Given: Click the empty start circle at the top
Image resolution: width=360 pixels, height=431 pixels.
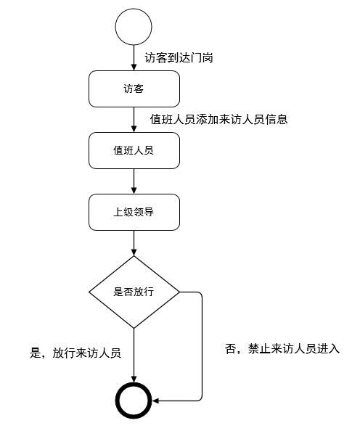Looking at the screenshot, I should click(134, 27).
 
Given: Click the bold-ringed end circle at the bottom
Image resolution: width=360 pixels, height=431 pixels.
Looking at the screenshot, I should click(134, 400).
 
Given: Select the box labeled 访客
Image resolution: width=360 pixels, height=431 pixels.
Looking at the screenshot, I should click(134, 89).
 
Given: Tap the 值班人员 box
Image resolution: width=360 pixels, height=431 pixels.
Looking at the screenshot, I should click(134, 150).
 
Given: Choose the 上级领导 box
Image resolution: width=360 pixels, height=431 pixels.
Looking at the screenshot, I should click(134, 212).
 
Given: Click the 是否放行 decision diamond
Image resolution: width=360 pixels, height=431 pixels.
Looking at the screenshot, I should click(134, 292).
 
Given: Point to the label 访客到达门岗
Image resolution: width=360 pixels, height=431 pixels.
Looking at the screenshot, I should click(178, 57).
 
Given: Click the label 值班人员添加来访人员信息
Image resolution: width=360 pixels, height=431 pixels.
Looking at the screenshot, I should click(218, 119).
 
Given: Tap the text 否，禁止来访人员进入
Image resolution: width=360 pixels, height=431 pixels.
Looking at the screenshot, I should click(282, 348).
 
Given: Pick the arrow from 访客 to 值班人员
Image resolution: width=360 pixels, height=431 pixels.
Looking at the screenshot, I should click(134, 119).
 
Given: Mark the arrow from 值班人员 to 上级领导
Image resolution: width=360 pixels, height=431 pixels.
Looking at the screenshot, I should click(134, 181).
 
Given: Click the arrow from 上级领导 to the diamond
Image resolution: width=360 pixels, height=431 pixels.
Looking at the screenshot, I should click(134, 242).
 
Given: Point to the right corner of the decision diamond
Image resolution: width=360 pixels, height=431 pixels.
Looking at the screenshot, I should click(179, 292).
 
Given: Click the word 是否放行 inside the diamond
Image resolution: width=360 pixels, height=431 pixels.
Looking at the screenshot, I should click(134, 292).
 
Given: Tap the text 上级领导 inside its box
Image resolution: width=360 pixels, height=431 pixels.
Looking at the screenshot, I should click(134, 212).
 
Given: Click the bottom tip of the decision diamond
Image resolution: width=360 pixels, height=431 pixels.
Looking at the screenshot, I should click(134, 328).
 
